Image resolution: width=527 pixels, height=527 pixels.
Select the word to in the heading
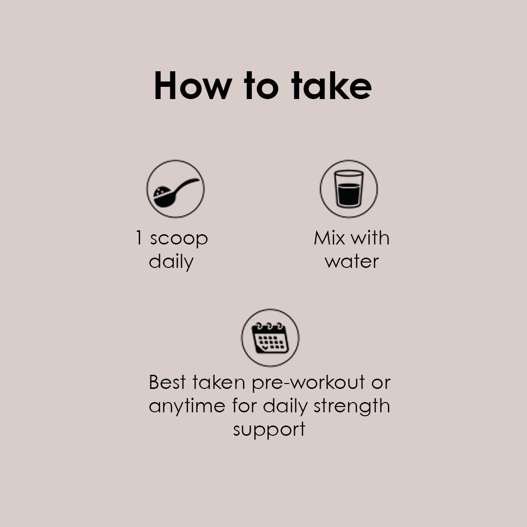point(261,87)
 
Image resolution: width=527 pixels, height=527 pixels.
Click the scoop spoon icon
point(175,189)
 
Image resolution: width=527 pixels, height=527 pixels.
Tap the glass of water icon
point(349,189)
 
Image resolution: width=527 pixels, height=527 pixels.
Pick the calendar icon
point(270,338)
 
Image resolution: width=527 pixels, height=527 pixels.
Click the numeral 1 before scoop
point(139,238)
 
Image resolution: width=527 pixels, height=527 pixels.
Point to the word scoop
point(179,239)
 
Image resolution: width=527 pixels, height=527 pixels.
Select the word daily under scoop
point(171,262)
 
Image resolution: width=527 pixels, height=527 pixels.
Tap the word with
point(370,238)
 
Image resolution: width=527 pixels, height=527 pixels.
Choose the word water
point(352,262)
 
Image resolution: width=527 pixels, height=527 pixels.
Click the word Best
point(167,382)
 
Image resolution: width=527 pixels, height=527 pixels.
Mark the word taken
point(219,382)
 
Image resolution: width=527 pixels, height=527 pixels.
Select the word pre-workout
point(308,383)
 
